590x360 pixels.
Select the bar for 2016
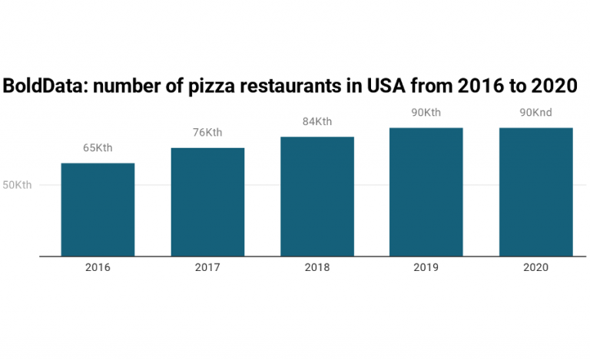[98, 210]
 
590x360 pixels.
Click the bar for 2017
[207, 202]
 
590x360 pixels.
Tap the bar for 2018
[317, 197]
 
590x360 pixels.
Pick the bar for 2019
[426, 192]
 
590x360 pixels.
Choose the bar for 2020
[535, 192]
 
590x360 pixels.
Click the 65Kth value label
[98, 148]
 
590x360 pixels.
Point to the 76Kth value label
[207, 133]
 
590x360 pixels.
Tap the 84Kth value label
[317, 121]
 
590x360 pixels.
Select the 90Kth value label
[426, 113]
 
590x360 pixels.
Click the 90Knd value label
[535, 113]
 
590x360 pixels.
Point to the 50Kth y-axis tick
[17, 185]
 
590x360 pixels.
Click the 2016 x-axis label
[98, 268]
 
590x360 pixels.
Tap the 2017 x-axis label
[207, 268]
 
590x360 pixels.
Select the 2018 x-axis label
[317, 268]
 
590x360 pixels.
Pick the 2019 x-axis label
[426, 268]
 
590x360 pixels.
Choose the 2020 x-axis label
[535, 268]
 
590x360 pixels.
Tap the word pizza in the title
[207, 86]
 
